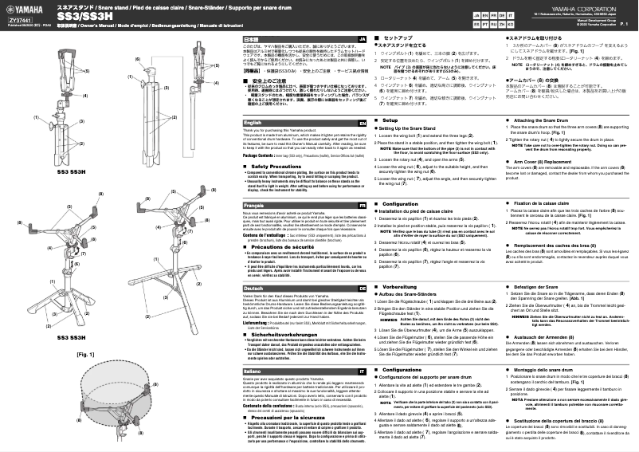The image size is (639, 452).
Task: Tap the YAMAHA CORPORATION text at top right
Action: pyautogui.click(x=590, y=6)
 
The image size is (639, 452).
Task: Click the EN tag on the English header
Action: pyautogui.click(x=362, y=124)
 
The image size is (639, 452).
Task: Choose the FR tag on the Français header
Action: pyautogui.click(x=362, y=205)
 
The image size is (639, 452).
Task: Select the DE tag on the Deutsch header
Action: pyautogui.click(x=362, y=287)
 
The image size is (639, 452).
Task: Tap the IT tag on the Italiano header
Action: pyautogui.click(x=362, y=371)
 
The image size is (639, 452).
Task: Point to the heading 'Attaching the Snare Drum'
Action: pyautogui.click(x=543, y=119)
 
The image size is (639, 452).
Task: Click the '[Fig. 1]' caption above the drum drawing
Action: pyautogui.click(x=19, y=352)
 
